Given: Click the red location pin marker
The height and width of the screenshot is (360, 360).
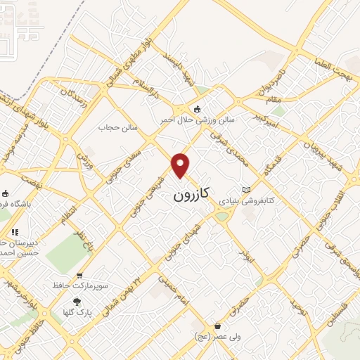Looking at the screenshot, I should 181,165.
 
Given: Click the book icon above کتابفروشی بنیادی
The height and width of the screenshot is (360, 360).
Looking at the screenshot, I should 245,190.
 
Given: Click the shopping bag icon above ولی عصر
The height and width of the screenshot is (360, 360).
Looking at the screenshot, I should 217,326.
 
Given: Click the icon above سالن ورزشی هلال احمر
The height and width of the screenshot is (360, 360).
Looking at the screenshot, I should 197,109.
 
